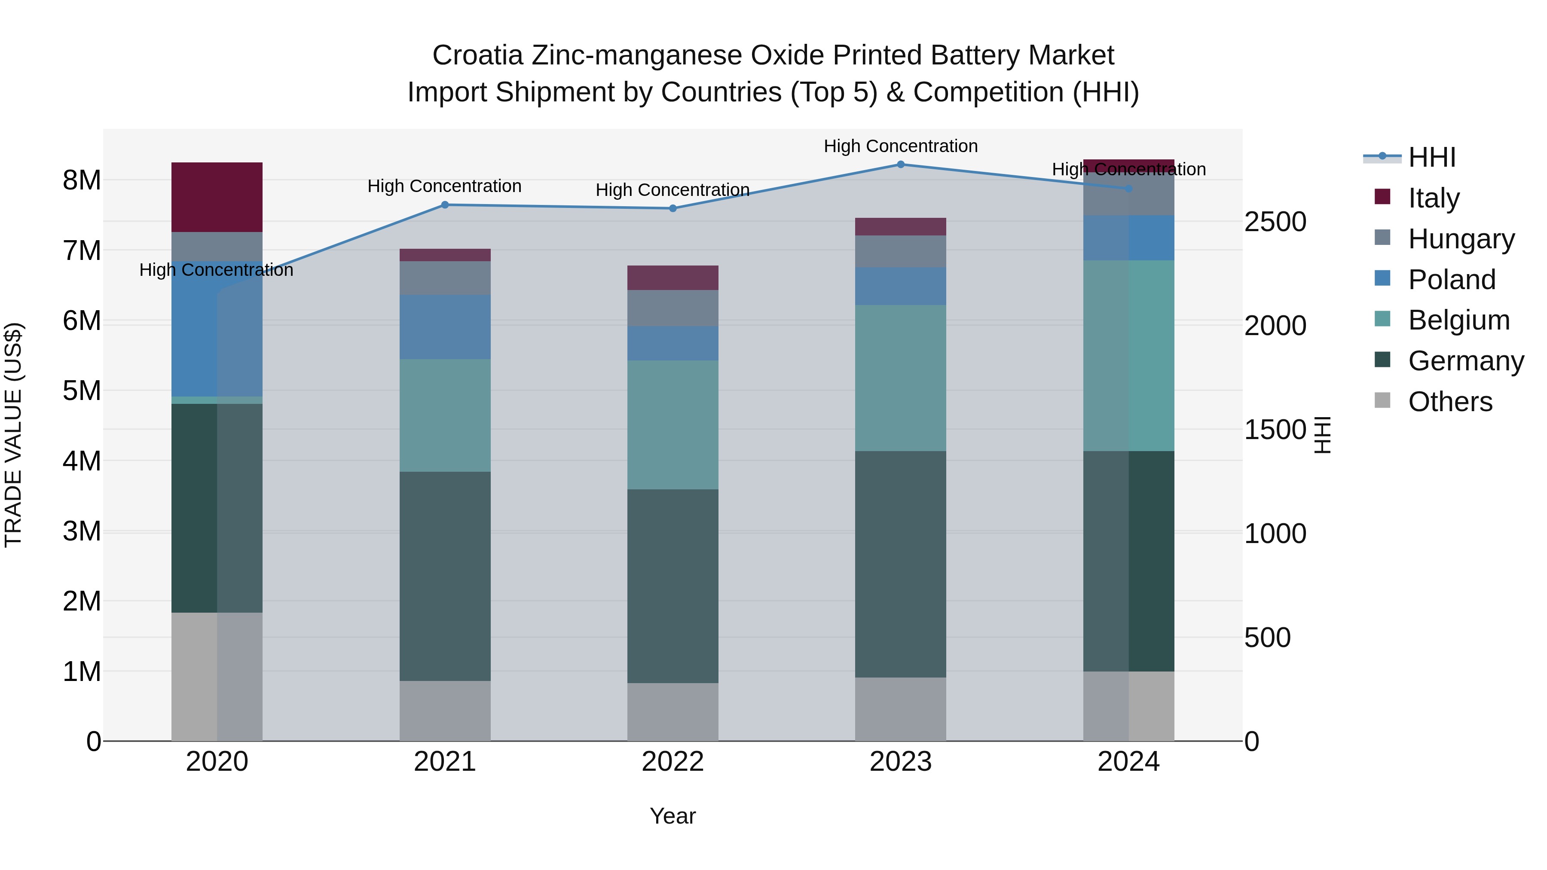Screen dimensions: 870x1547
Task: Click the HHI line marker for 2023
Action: click(x=900, y=165)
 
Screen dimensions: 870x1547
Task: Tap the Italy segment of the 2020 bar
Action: click(x=217, y=197)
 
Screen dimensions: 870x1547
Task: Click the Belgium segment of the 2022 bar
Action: click(x=673, y=424)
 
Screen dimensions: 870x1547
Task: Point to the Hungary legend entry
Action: click(x=1461, y=239)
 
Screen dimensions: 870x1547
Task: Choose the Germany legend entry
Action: click(x=1465, y=361)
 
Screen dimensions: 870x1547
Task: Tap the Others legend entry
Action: click(x=1450, y=402)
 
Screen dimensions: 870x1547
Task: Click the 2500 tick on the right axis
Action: click(x=1275, y=222)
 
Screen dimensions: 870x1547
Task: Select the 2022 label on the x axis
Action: click(x=673, y=762)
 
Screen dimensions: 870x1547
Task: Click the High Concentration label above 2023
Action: click(x=900, y=146)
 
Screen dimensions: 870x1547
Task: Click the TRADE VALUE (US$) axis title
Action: click(x=13, y=435)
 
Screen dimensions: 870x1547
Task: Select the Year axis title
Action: click(x=673, y=816)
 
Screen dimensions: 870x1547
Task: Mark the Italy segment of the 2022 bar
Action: click(x=673, y=278)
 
